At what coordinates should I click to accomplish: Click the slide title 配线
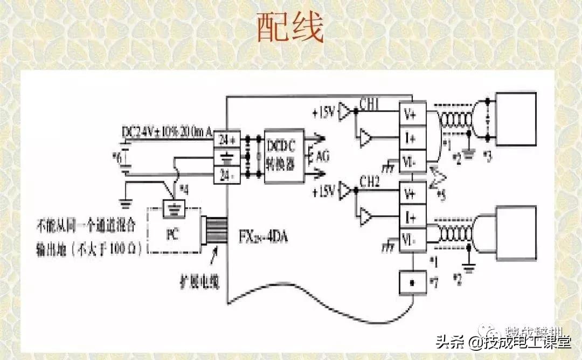290,28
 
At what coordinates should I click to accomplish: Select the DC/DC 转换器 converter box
284,156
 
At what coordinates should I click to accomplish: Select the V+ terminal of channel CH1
412,114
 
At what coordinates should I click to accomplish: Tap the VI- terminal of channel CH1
412,160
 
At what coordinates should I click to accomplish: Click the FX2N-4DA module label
264,236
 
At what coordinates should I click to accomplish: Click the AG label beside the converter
322,157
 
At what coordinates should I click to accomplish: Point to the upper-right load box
516,119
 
